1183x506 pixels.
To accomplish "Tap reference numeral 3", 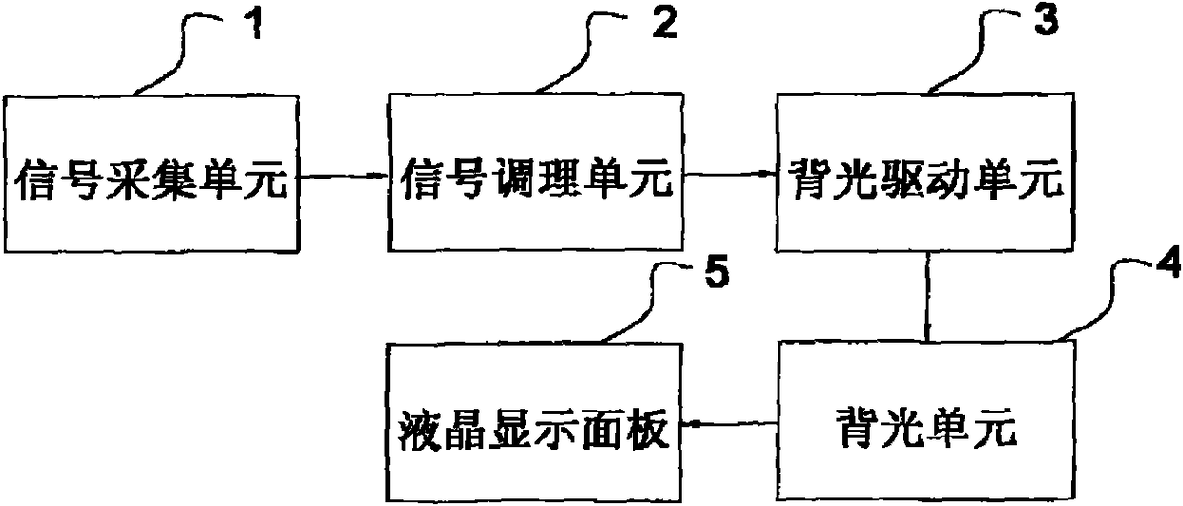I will pyautogui.click(x=1047, y=22).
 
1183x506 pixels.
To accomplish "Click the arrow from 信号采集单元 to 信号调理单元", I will pyautogui.click(x=343, y=176).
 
